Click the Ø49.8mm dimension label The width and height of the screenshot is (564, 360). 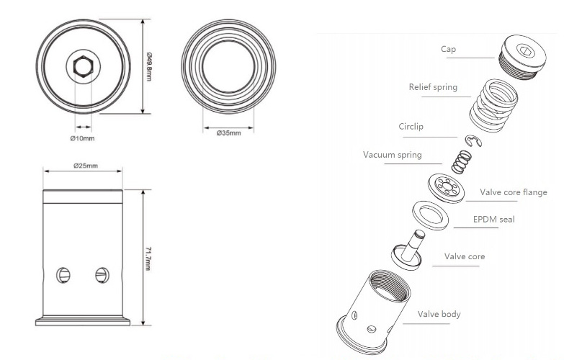(x=149, y=58)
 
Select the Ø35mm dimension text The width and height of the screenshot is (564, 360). (x=228, y=133)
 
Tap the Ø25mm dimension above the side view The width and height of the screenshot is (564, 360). (x=85, y=166)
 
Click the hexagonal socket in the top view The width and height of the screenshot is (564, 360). (x=83, y=68)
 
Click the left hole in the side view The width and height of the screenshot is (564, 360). (x=63, y=274)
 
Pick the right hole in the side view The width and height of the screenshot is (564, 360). (x=102, y=274)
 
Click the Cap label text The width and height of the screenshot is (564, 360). (x=449, y=50)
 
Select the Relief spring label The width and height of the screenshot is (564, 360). (x=433, y=87)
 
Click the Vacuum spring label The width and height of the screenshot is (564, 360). (x=393, y=155)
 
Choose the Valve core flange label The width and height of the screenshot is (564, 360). (x=514, y=192)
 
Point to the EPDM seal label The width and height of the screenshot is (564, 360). (x=494, y=219)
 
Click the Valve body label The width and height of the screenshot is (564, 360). (x=439, y=314)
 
